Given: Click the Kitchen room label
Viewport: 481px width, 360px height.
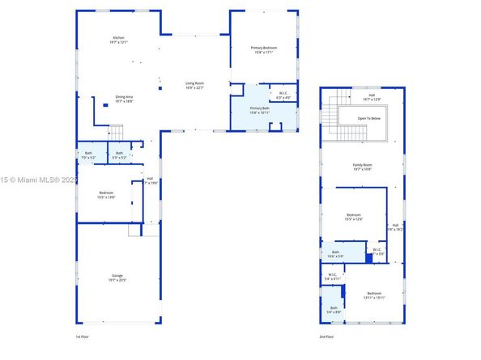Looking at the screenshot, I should coord(118,40).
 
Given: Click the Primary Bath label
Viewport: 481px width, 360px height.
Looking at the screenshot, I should coord(259,110).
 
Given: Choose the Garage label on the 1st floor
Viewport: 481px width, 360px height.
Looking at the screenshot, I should coord(117,277).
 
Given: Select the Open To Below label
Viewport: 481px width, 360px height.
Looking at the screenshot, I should coord(368,118).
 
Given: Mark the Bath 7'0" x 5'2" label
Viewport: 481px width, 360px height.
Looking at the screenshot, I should coord(88,154).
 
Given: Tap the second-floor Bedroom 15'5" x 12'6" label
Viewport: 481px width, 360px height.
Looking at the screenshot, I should coord(360,216).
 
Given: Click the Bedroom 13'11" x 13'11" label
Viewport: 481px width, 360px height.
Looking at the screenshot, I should coord(373,295).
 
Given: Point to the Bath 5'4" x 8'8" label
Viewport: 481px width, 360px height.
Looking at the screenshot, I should coord(333,309).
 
